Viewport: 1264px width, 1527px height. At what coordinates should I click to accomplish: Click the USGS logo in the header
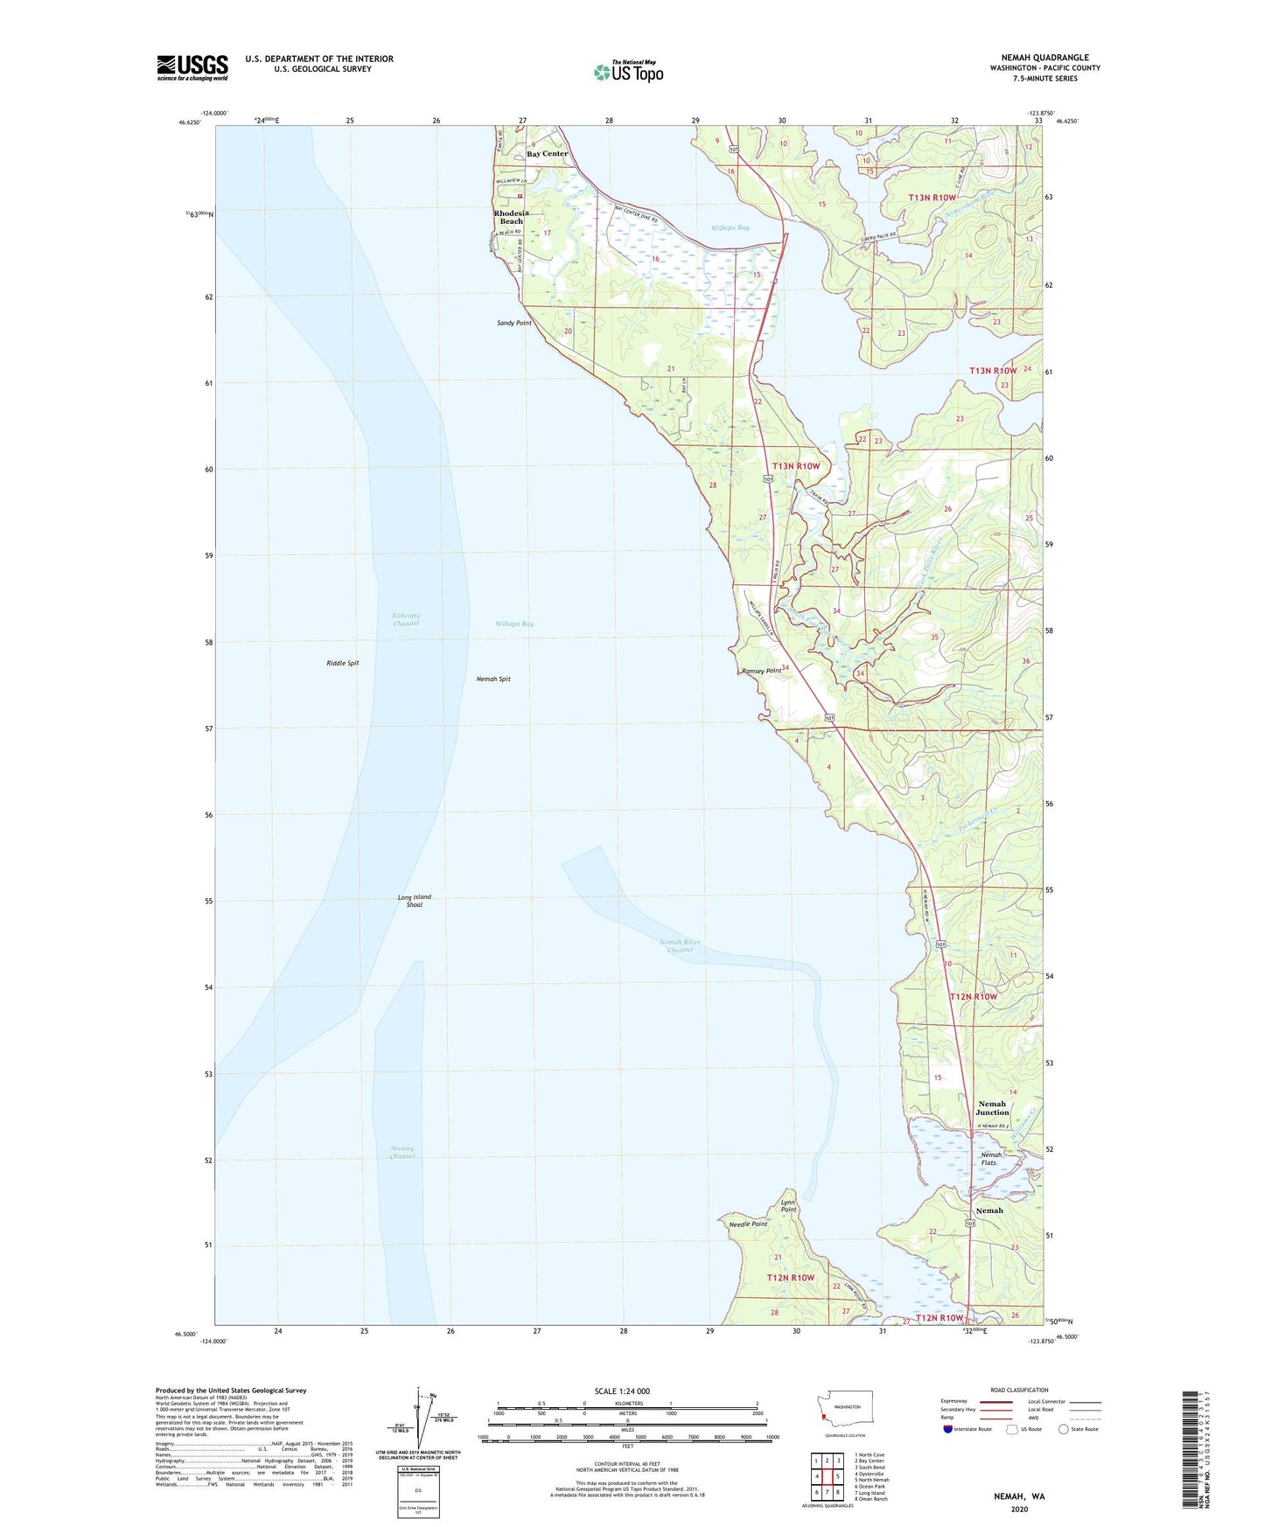coord(192,67)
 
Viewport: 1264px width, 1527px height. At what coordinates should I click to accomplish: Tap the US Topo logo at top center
coord(628,72)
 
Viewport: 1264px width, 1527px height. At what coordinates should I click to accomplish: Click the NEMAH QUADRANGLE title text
coord(1044,58)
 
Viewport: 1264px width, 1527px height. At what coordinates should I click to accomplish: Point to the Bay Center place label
coord(547,154)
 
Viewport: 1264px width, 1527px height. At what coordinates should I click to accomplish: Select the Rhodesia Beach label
coord(511,217)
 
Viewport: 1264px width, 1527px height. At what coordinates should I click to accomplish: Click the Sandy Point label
coord(513,323)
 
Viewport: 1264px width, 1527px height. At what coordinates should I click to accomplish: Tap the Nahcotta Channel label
coord(406,619)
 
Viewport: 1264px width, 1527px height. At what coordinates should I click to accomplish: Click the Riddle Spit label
coord(343,663)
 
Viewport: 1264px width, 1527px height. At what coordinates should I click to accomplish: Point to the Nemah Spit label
coord(493,679)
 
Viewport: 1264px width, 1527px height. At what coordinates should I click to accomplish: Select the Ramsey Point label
coord(761,671)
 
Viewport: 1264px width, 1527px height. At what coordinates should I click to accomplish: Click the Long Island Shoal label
coord(415,901)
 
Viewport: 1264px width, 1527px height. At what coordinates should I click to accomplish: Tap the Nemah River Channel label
coord(680,945)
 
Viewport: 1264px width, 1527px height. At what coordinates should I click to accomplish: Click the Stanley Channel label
coord(402,1152)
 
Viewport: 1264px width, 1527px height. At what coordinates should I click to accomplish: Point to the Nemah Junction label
coord(993,1108)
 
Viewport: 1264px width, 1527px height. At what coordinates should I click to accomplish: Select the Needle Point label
coord(748,1224)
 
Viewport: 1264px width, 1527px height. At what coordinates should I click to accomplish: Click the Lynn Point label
coord(789,1206)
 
